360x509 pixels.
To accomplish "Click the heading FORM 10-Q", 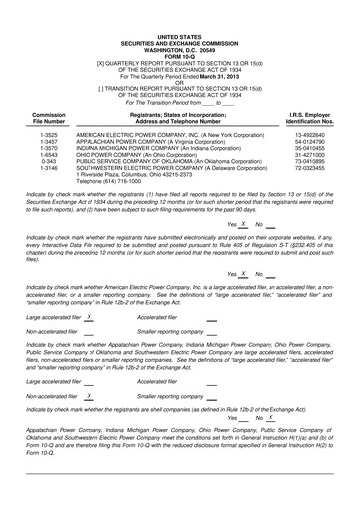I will pyautogui.click(x=179, y=52).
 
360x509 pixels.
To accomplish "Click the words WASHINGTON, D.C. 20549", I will pyautogui.click(x=179, y=46).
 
